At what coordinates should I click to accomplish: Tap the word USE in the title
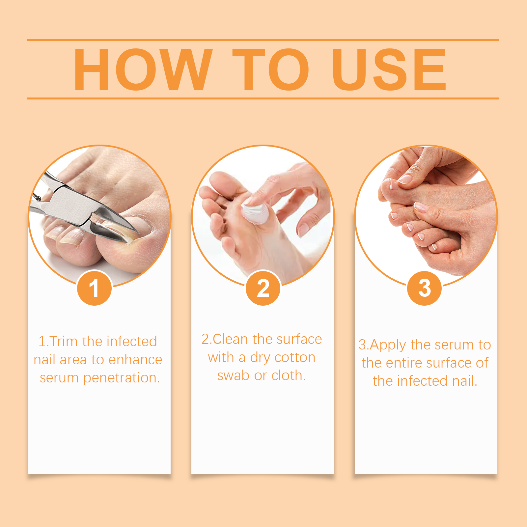pos(389,69)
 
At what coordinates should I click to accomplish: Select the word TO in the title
pos(271,69)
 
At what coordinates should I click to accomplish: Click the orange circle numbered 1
pos(95,288)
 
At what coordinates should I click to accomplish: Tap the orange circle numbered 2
pos(263,288)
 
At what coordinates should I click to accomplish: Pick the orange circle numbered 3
pos(425,288)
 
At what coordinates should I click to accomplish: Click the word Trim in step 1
pos(64,342)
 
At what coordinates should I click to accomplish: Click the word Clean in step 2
pos(230,339)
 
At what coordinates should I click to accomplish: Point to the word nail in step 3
pos(463,381)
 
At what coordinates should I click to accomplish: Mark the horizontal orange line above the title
pos(263,40)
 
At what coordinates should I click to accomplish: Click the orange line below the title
pos(263,98)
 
